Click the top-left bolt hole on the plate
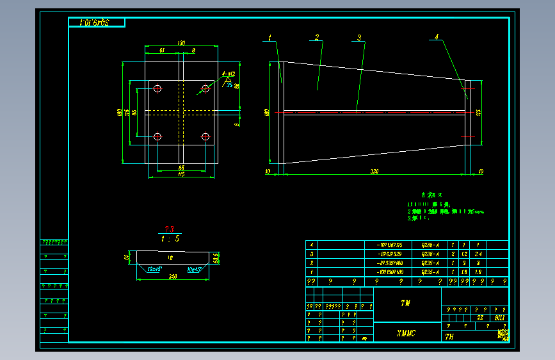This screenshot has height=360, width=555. coord(157,88)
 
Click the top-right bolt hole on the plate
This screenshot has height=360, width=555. coord(205,88)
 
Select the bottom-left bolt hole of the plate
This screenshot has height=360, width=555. coord(157,136)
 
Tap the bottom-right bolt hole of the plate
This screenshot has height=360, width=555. coord(205,136)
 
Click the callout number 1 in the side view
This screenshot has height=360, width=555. coord(270,37)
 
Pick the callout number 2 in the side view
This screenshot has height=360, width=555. coord(316,37)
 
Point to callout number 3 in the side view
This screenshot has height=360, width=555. coord(360,38)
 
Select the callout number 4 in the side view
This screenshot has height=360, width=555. coord(437,37)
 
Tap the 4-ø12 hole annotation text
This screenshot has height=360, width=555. coord(228,74)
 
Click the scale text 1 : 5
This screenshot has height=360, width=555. coord(170,239)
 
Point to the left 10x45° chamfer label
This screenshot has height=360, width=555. coord(154,269)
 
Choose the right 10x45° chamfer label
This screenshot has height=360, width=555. coord(194,270)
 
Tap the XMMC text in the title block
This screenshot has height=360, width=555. coord(406,333)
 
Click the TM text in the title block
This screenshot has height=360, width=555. coord(405,303)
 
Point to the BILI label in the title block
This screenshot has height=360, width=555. coord(500,318)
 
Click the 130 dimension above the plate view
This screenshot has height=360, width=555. coord(181,43)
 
